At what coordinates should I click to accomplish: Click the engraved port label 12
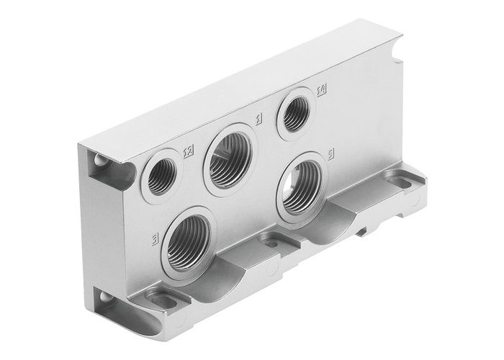[x=189, y=151]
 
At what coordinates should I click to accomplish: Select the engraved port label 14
[x=322, y=89]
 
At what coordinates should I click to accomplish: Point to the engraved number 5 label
[x=330, y=154]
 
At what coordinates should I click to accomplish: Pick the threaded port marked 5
[x=301, y=186]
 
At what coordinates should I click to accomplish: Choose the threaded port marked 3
[x=189, y=241]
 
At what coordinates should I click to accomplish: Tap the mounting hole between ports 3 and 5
[x=271, y=244]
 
